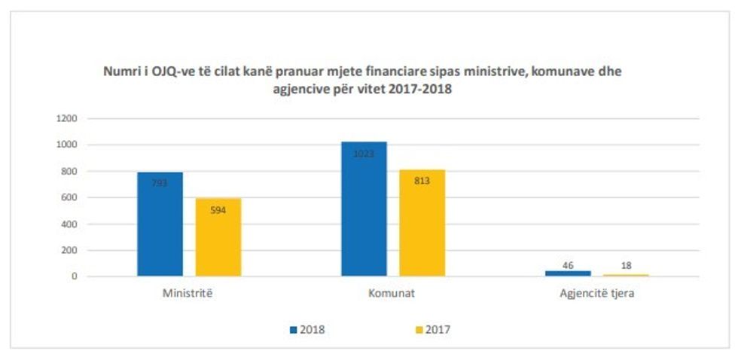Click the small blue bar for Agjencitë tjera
click(x=569, y=273)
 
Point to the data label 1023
click(x=364, y=154)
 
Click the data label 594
click(x=218, y=210)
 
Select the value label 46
click(x=569, y=264)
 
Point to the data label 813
click(x=422, y=182)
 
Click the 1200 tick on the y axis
click(x=67, y=118)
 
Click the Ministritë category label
click(x=188, y=294)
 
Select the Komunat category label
click(x=393, y=294)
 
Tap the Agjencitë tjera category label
click(x=598, y=294)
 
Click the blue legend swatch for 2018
click(x=293, y=329)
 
